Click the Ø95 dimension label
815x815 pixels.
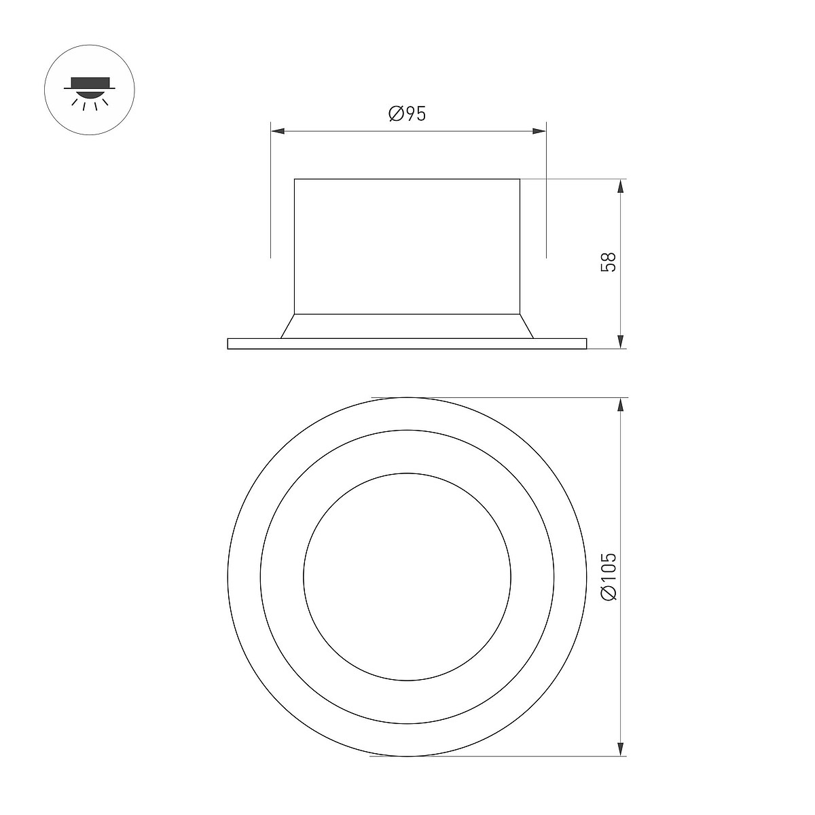point(407,114)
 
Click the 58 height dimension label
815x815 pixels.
point(609,262)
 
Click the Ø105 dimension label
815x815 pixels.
point(609,577)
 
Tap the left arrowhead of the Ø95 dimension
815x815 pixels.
point(278,131)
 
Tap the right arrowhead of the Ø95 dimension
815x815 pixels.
point(539,131)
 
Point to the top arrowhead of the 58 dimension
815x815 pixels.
point(621,186)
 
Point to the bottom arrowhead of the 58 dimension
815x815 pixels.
point(621,342)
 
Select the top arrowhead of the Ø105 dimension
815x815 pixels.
point(621,405)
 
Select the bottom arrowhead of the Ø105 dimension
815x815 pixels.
point(621,748)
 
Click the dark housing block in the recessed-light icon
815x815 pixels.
point(90,82)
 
